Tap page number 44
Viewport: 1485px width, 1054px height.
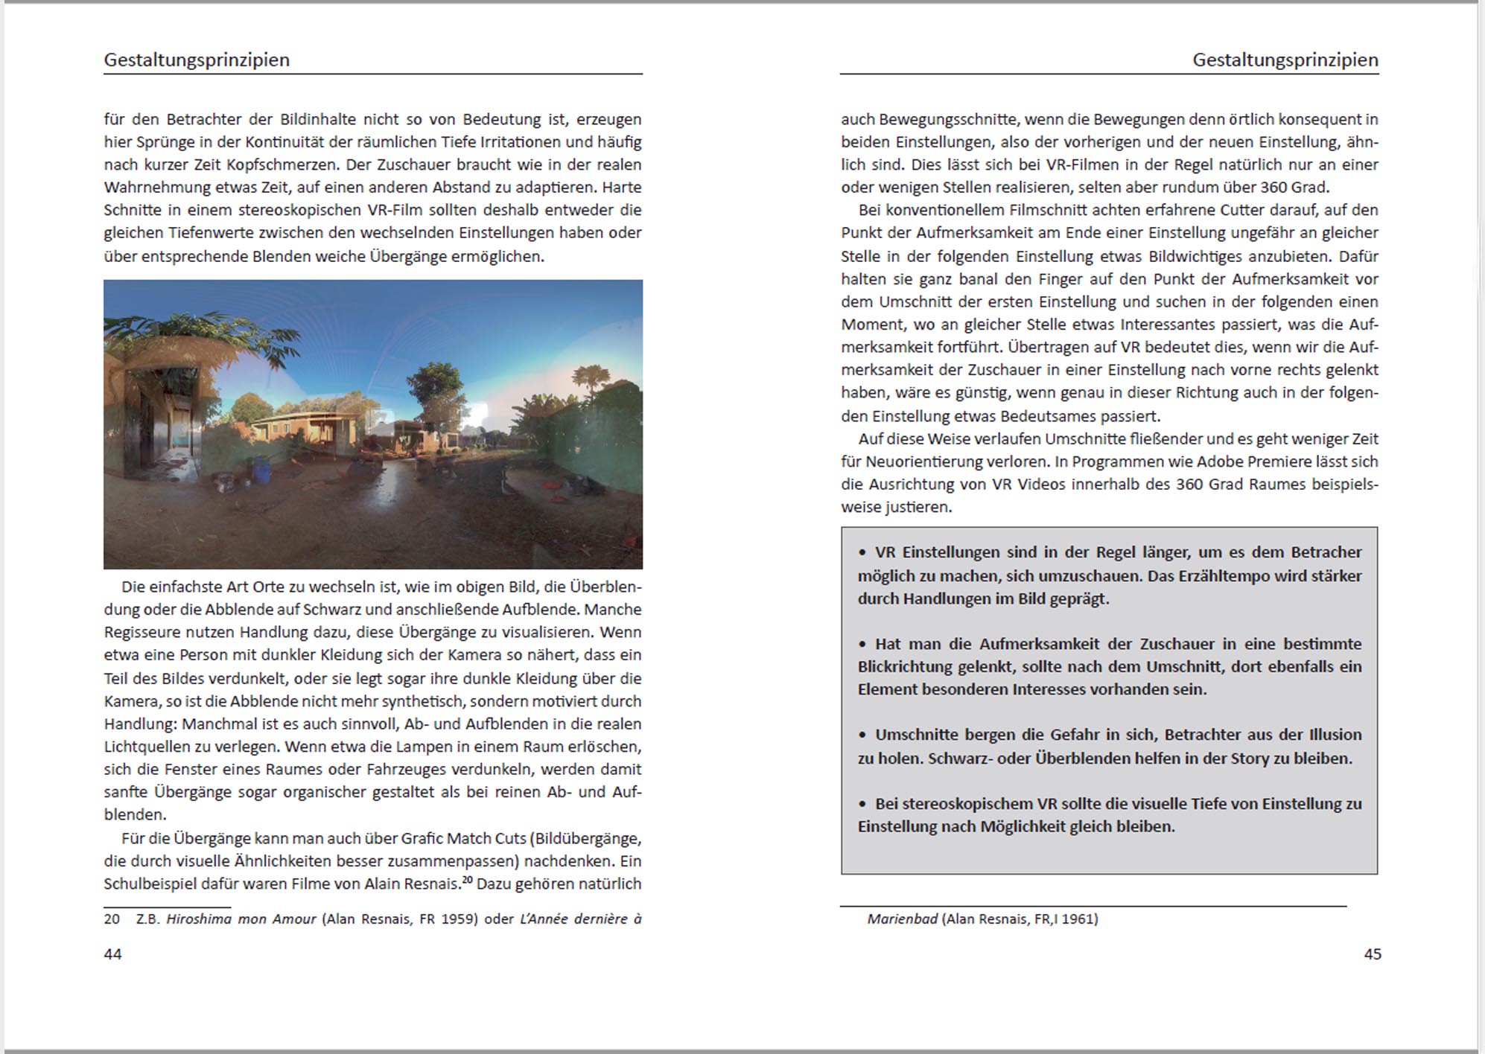pos(112,954)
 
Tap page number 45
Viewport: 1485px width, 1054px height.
pos(1373,954)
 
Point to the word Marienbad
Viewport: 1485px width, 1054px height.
pos(902,919)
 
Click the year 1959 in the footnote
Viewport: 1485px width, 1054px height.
pos(460,919)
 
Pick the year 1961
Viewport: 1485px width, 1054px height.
pos(1079,919)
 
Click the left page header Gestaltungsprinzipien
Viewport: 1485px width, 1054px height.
pos(197,60)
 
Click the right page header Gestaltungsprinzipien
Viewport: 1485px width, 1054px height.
pos(1285,60)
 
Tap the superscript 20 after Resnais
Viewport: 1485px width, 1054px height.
pos(467,880)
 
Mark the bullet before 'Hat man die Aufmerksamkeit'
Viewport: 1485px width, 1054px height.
pos(862,645)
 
